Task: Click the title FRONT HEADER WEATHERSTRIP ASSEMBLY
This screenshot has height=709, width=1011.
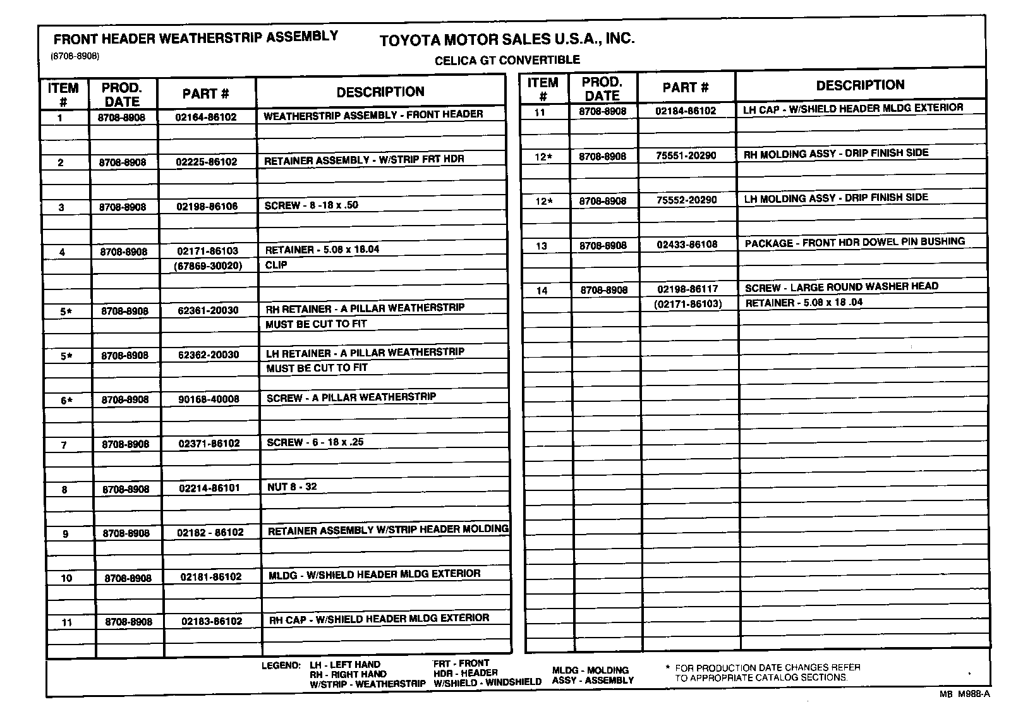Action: tap(196, 37)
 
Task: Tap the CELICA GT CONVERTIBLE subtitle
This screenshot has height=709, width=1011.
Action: tap(507, 60)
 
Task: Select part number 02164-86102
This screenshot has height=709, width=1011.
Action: tap(206, 117)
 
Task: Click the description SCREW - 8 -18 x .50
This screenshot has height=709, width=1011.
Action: tap(311, 205)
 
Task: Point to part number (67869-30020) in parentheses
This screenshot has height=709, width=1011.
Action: tap(207, 266)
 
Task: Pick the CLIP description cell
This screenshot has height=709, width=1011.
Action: tap(276, 265)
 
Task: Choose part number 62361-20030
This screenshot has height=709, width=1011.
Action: tap(208, 310)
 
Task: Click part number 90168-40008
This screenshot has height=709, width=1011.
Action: tap(209, 399)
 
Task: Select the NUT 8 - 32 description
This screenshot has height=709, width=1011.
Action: tap(291, 487)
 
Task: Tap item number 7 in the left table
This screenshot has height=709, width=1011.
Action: tap(64, 445)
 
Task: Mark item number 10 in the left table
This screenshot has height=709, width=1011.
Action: tap(66, 578)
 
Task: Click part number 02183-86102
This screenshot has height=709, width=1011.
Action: tap(212, 621)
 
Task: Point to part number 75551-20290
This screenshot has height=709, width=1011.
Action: tap(686, 155)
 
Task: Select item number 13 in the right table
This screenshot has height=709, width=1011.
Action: tap(542, 246)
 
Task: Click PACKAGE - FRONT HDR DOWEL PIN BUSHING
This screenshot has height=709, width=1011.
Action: tap(854, 242)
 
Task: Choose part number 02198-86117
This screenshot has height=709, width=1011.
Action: tap(687, 289)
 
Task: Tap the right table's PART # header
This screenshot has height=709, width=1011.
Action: tap(686, 87)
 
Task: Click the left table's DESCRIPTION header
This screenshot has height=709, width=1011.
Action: tap(380, 92)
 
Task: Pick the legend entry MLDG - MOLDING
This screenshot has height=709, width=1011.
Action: tap(590, 670)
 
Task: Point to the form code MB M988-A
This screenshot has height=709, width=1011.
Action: tap(964, 693)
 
